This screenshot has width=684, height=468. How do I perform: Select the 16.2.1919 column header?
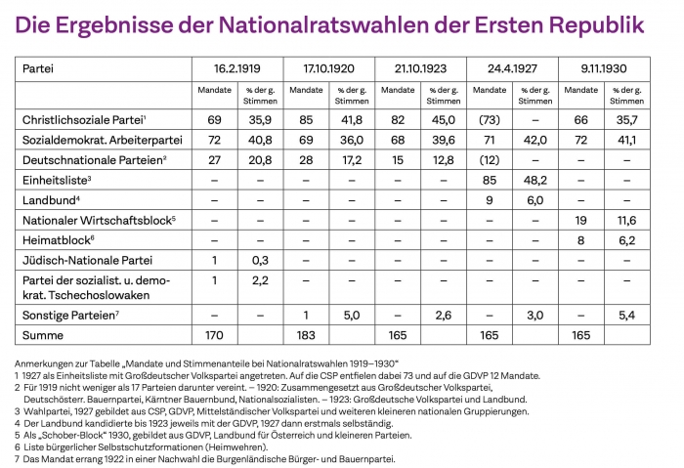[237, 69]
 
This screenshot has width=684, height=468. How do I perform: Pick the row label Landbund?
[50, 199]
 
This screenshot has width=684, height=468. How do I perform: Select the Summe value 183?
[306, 335]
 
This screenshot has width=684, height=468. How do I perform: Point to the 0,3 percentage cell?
[260, 260]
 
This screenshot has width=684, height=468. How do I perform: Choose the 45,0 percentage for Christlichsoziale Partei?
[443, 119]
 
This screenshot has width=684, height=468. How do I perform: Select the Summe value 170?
[215, 335]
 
